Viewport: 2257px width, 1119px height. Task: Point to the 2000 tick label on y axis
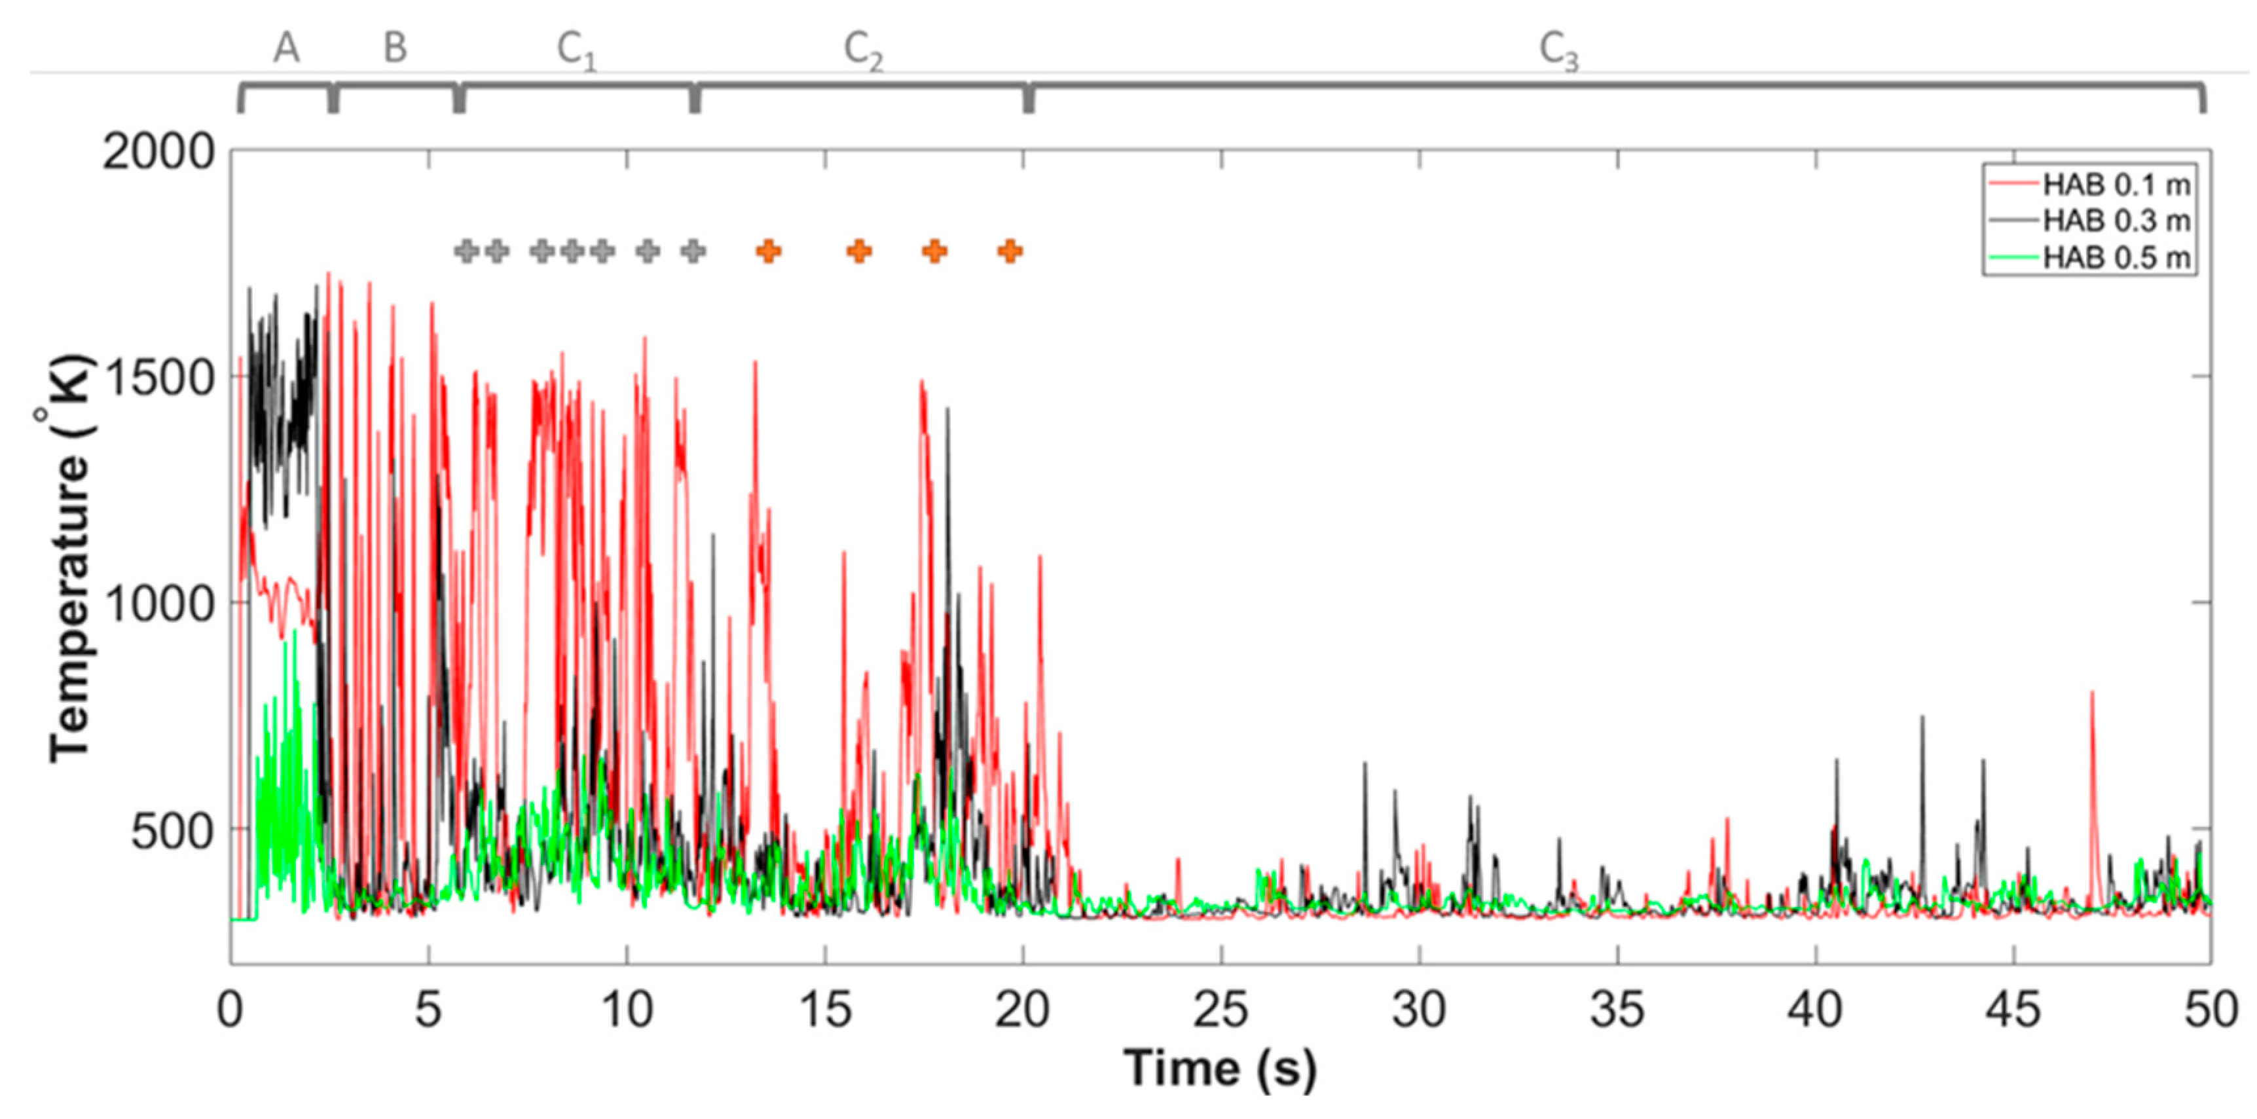(x=158, y=153)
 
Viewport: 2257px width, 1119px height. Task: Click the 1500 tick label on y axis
(x=158, y=378)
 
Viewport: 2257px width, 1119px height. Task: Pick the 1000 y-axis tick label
(x=158, y=604)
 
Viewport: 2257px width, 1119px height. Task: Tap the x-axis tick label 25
(x=1221, y=1010)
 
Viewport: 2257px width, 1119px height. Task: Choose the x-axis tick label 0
(x=230, y=1010)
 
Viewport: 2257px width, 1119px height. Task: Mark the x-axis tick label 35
(x=1617, y=1010)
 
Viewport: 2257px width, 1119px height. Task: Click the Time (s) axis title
(x=1220, y=1068)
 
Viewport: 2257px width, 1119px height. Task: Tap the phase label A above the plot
(x=287, y=47)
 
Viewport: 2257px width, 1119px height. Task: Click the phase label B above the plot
(x=395, y=47)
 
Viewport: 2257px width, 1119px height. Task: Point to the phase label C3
(x=1559, y=51)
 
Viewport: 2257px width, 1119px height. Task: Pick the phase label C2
(x=863, y=51)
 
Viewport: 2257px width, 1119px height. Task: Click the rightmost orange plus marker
(x=1010, y=251)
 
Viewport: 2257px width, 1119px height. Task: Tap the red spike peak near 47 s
(x=2092, y=694)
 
